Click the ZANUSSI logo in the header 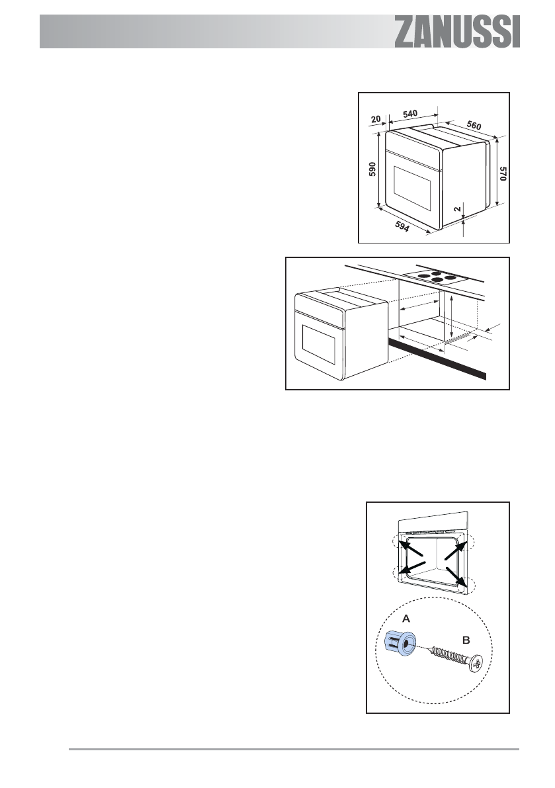(x=457, y=32)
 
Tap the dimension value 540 (x=410, y=114)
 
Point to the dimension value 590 (x=372, y=171)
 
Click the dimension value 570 (x=503, y=173)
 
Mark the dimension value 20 (x=376, y=119)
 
